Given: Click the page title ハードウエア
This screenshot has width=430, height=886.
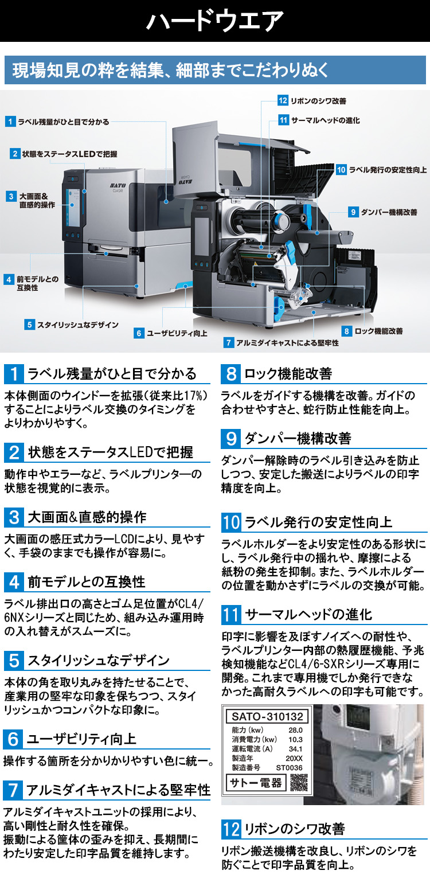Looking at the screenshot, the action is pyautogui.click(x=215, y=21).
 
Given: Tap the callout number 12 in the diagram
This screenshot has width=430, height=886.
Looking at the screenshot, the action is pyautogui.click(x=283, y=100).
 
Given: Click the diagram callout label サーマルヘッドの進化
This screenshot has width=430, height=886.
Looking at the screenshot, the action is pyautogui.click(x=325, y=120).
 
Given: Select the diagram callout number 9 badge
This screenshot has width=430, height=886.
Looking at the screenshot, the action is pyautogui.click(x=353, y=212).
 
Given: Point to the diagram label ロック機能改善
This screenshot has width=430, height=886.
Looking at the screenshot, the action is pyautogui.click(x=378, y=331).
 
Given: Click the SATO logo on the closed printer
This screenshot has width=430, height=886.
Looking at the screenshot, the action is pyautogui.click(x=118, y=185).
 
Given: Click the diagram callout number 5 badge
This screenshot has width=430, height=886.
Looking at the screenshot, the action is pyautogui.click(x=29, y=325).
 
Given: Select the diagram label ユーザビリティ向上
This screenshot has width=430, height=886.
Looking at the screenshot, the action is pyautogui.click(x=177, y=333).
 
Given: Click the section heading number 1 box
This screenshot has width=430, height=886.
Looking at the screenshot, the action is pyautogui.click(x=14, y=374).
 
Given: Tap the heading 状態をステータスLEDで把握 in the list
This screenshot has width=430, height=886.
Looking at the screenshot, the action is pyautogui.click(x=111, y=452).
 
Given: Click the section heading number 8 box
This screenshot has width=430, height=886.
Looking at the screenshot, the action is pyautogui.click(x=230, y=374).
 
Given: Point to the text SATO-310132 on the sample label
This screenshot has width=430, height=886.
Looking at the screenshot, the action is pyautogui.click(x=267, y=716).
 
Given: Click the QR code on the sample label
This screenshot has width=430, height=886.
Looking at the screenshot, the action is pyautogui.click(x=299, y=782).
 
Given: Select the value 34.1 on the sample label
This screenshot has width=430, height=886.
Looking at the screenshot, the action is pyautogui.click(x=295, y=749).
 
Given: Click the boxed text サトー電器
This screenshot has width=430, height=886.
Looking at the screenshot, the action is pyautogui.click(x=256, y=782).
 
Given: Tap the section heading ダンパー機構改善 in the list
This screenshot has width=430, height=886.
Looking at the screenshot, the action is pyautogui.click(x=298, y=438).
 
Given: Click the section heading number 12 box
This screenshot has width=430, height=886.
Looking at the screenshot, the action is pyautogui.click(x=231, y=829).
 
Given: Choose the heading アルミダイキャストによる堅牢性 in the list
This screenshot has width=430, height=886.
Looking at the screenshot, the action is pyautogui.click(x=118, y=790).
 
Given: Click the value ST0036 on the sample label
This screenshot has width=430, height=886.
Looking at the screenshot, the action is pyautogui.click(x=289, y=768).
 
